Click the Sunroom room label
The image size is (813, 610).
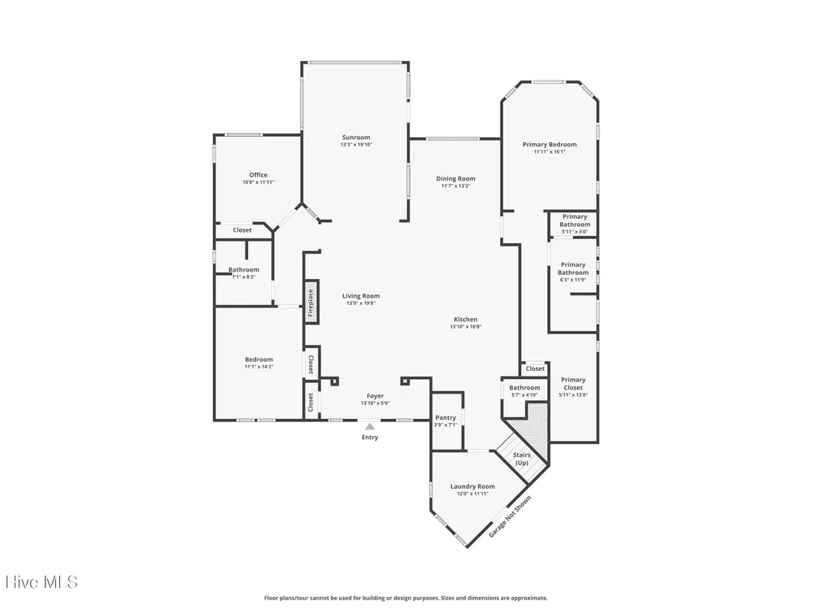[356, 137]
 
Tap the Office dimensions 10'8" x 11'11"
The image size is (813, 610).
[259, 182]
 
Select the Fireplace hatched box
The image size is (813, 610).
[311, 303]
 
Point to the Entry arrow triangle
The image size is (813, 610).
[370, 426]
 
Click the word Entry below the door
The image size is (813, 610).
[370, 438]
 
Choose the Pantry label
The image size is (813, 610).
[446, 417]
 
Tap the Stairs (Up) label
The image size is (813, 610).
[522, 459]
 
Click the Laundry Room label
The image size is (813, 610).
[472, 486]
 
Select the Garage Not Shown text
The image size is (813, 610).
[511, 516]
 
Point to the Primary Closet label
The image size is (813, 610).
[573, 384]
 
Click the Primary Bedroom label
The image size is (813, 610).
[550, 145]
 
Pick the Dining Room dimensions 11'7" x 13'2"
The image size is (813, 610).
[456, 185]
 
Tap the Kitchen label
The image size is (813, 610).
[466, 320]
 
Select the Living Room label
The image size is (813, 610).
[361, 296]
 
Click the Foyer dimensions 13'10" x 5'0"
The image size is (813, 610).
[376, 403]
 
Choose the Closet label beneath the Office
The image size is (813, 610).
[242, 230]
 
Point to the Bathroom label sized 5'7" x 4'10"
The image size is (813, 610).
[524, 388]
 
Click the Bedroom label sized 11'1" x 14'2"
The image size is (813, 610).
[259, 359]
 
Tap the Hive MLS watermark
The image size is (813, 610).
[41, 582]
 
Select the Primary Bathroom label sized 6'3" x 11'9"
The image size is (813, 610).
[573, 268]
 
